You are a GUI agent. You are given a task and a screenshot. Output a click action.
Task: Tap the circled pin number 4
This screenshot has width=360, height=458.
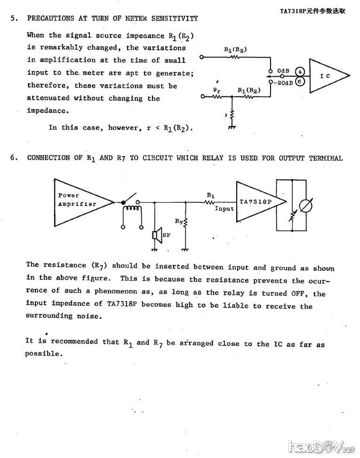pyautogui.click(x=300, y=71)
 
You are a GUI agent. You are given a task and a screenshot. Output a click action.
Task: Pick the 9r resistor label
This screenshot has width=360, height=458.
pyautogui.click(x=217, y=90)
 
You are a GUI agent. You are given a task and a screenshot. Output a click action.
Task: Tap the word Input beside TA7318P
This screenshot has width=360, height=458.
pyautogui.click(x=224, y=209)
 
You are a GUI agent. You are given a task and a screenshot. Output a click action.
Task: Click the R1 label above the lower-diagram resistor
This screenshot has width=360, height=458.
pyautogui.click(x=210, y=195)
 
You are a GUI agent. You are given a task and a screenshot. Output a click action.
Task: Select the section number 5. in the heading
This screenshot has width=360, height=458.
pyautogui.click(x=14, y=19)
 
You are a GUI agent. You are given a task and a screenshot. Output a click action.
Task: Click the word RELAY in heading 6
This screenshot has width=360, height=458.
pyautogui.click(x=222, y=158)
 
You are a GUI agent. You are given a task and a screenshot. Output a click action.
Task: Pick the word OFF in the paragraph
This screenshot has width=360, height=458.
pyautogui.click(x=297, y=294)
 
